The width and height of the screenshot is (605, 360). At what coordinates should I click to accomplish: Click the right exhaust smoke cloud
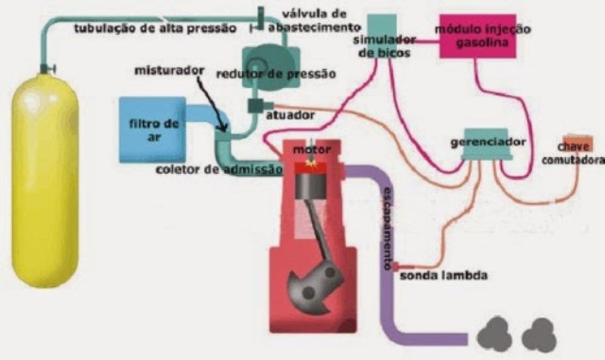(x=540, y=333)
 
